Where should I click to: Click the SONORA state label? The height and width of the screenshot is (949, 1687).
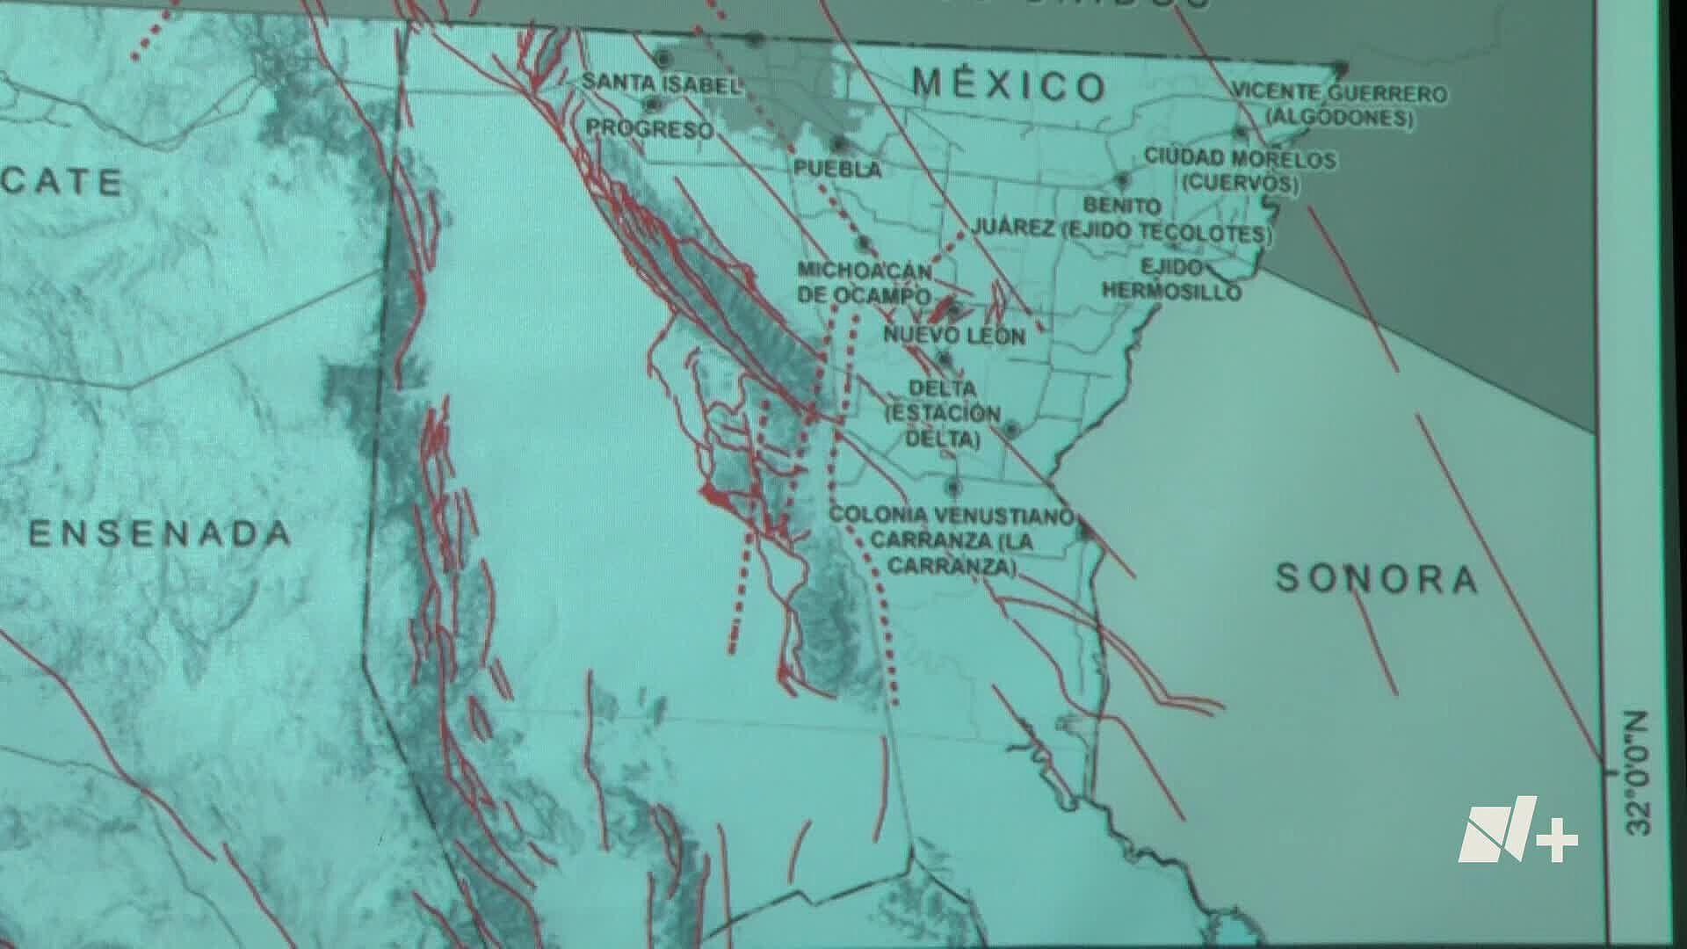[1376, 579]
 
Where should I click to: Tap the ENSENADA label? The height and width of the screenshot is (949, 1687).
[159, 533]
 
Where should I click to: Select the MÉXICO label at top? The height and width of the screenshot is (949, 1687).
[1009, 85]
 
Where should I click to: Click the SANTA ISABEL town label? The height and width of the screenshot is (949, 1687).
[661, 83]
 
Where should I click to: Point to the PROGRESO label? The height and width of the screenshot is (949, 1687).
[649, 128]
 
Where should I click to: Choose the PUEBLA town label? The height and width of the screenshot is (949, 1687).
[837, 169]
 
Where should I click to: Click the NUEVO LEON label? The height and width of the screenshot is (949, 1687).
[954, 335]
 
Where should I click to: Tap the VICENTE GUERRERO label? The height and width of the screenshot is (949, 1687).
[1339, 93]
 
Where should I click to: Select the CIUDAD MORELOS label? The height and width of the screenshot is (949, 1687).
[1240, 159]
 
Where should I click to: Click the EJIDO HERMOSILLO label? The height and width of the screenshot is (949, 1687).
[1172, 279]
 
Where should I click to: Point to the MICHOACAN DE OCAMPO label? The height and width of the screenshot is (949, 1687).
[865, 282]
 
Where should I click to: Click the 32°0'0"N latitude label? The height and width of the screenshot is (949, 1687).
[1638, 773]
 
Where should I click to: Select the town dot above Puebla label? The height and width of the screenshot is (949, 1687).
[839, 142]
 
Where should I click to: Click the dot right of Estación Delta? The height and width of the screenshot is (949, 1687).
[1011, 430]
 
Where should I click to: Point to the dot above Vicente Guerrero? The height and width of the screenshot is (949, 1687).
[1340, 68]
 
